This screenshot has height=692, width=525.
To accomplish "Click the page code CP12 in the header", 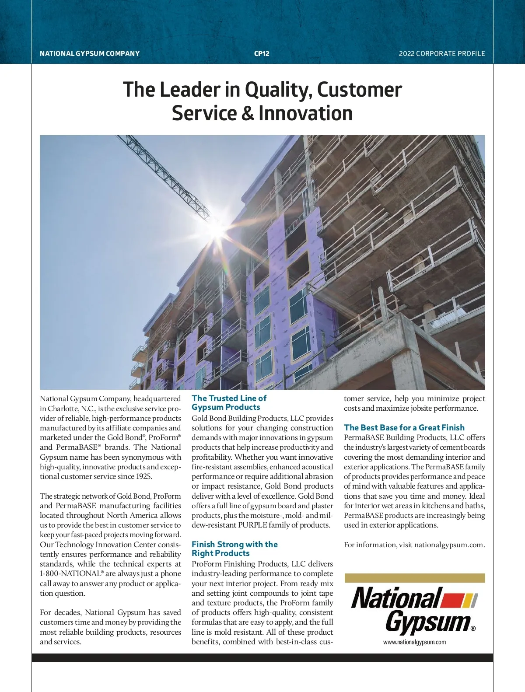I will tap(262, 53).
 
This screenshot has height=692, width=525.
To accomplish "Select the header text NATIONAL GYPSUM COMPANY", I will tap(90, 53).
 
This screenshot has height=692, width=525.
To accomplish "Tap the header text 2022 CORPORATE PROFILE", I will tap(442, 53).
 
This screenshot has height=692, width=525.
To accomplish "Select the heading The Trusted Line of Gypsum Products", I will tap(229, 402).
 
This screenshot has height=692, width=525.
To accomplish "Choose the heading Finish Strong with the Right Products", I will tap(234, 549).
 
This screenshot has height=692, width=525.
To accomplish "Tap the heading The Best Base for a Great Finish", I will tap(404, 427).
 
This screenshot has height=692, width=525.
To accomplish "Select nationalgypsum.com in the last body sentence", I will tap(449, 545).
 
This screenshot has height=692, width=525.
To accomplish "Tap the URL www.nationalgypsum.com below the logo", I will tap(414, 642).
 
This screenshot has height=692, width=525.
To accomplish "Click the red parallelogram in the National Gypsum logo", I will tap(451, 600).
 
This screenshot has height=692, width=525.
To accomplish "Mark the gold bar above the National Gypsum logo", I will tap(414, 578).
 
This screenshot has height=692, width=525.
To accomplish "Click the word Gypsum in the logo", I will tap(427, 622).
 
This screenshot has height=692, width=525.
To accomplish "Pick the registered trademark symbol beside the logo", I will tap(473, 629).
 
